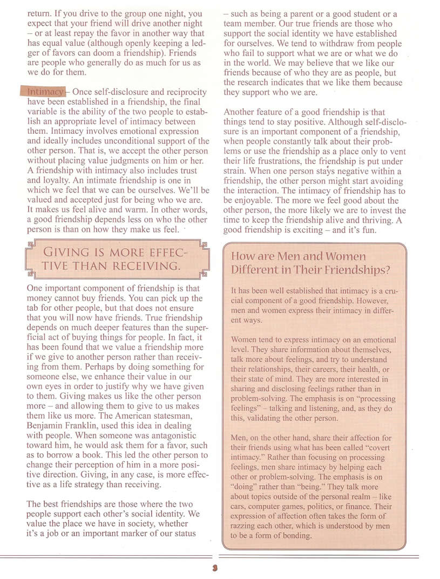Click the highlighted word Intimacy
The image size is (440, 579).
click(x=46, y=92)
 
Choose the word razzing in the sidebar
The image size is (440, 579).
click(x=246, y=526)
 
